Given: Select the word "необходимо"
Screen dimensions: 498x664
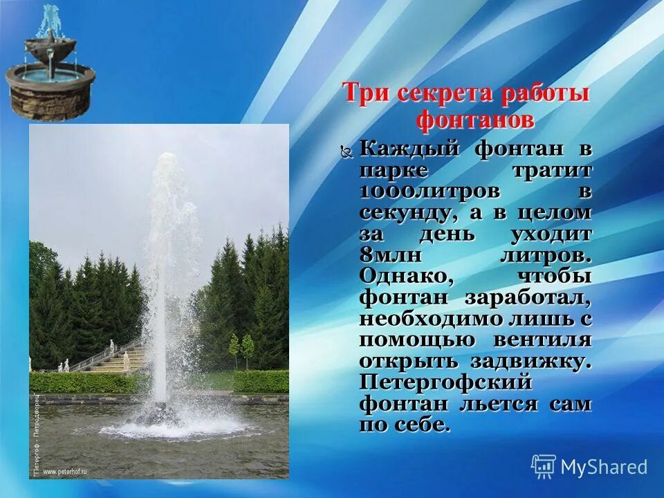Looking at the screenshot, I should [434, 319].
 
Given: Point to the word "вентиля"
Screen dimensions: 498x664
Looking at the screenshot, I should [542, 340].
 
